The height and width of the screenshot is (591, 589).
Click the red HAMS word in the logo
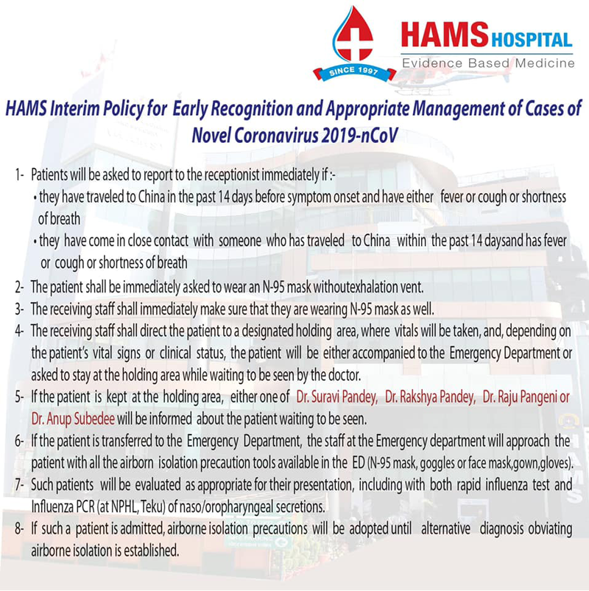coord(445,35)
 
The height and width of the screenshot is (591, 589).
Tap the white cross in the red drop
coord(353,41)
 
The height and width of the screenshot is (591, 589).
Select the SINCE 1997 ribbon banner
coord(354,72)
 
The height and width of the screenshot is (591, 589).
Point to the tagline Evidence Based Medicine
coord(488,63)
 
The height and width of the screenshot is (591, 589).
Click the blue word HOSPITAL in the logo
coord(532,40)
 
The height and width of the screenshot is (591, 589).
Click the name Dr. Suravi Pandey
coord(336,397)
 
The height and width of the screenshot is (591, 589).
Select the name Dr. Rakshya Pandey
coord(430,397)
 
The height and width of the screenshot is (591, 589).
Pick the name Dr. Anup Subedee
coord(73,419)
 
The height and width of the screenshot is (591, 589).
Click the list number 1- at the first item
coord(20,175)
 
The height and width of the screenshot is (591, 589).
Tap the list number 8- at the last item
coord(20,529)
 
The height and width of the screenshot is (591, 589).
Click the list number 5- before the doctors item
coord(20,397)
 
